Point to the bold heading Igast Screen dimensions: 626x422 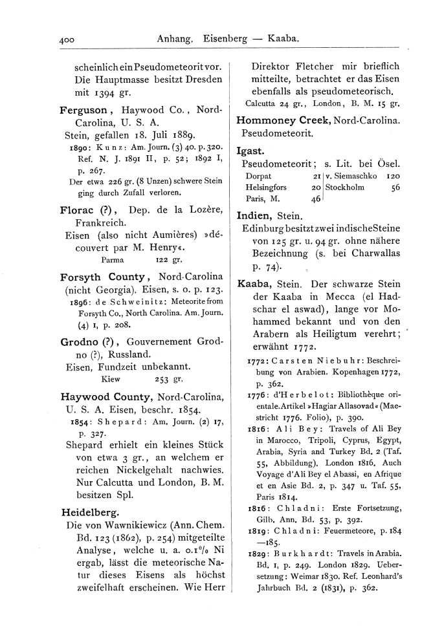pyautogui.click(x=250, y=151)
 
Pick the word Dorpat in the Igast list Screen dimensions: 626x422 pyautogui.click(x=258, y=177)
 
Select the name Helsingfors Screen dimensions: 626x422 pyautogui.click(x=267, y=188)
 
